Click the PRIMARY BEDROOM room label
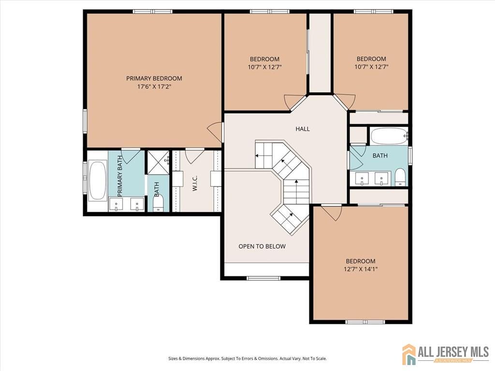(154, 78)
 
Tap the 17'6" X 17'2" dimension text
(154, 87)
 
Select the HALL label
(303, 129)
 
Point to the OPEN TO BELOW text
(262, 246)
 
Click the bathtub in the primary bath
(98, 181)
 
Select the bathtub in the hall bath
(389, 136)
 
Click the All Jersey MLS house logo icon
(409, 354)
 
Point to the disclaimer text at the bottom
(247, 358)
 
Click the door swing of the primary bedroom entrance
(216, 131)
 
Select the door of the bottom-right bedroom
(332, 212)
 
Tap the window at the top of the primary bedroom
(153, 11)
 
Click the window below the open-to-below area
(263, 278)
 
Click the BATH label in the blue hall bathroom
(380, 156)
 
